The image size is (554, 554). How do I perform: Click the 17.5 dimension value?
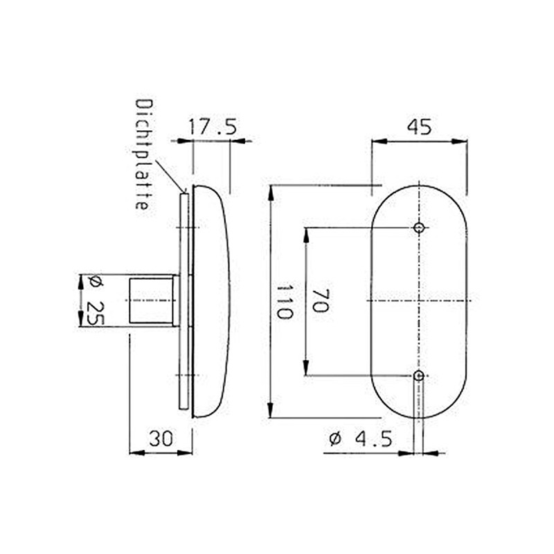tap(213, 127)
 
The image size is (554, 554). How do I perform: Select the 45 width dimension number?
tap(419, 127)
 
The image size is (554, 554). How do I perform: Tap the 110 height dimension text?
tap(283, 301)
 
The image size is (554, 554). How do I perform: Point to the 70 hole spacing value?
tap(319, 301)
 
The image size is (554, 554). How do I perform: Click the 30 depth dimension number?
tap(161, 438)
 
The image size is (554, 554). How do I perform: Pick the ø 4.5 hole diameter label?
tap(361, 438)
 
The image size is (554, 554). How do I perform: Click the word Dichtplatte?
tap(143, 155)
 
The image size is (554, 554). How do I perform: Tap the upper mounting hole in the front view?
tap(418, 228)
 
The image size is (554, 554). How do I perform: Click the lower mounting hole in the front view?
tap(418, 375)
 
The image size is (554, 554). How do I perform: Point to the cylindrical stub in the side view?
tap(152, 300)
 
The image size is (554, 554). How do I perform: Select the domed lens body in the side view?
tap(211, 301)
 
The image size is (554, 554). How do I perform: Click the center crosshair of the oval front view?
tap(419, 301)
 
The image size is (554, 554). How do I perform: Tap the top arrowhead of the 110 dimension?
tap(271, 191)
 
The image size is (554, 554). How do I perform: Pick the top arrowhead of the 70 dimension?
tap(305, 233)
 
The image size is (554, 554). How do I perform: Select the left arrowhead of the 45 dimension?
tap(377, 141)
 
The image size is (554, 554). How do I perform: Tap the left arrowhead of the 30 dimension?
tap(135, 453)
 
